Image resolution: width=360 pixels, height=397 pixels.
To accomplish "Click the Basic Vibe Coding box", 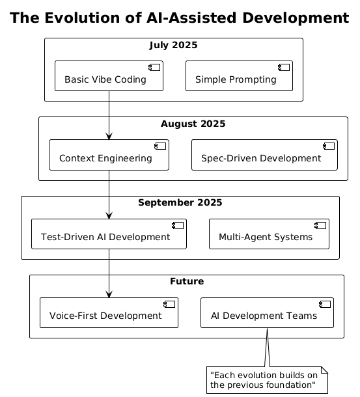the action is pos(109,75).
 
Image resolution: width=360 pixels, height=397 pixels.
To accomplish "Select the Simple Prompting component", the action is pos(239,75).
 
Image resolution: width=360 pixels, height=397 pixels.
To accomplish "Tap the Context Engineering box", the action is pos(109,155).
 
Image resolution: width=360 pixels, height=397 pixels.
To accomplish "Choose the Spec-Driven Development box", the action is pos(264,155).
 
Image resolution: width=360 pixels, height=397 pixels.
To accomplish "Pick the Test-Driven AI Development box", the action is pos(109,234).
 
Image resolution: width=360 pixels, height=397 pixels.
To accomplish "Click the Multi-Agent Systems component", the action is pos(269,234).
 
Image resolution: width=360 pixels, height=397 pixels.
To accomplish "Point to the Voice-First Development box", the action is pos(109,312).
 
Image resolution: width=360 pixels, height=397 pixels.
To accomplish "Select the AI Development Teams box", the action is pos(267,312).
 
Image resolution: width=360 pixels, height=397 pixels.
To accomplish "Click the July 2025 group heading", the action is pos(173,45).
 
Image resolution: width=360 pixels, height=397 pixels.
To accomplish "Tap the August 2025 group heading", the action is pos(193,124).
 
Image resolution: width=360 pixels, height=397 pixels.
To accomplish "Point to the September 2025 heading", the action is pos(180,202).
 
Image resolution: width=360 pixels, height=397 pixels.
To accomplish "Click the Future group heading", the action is pos(187,281).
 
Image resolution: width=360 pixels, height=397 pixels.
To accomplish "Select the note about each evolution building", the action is pos(267,380).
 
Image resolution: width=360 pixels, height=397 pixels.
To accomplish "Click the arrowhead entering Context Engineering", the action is pos(109,136).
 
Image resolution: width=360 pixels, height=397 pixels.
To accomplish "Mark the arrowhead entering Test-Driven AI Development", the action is pos(109,215).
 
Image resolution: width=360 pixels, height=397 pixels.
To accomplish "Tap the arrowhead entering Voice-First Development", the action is pos(109,294).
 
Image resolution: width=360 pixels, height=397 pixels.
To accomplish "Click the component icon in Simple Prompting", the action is pos(284,67).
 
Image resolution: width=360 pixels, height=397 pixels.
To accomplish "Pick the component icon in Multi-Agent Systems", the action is pos(320,226).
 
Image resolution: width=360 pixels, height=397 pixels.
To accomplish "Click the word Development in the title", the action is pos(296,18).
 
